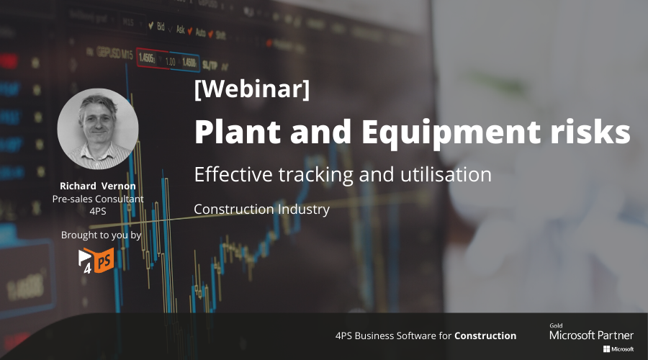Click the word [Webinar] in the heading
pos(252,89)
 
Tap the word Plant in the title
pos(238,132)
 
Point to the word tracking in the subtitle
pos(315,175)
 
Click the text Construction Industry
pos(261,209)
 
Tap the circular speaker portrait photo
pos(98,129)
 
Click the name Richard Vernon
pos(98,186)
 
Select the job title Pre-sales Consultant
pos(98,199)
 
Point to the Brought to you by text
pos(102,235)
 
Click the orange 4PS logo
pos(96,261)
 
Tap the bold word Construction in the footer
pos(485,336)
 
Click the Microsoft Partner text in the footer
pos(591,336)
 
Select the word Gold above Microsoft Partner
pos(556,325)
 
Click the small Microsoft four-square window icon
pos(607,349)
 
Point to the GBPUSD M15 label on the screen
pos(109,53)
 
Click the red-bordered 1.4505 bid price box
pos(152,59)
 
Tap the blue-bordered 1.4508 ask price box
pos(184,62)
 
